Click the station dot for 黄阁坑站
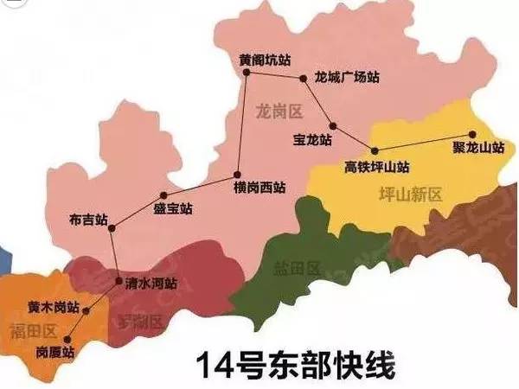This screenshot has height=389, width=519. tap(247, 73)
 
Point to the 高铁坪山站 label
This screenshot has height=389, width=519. tap(377, 166)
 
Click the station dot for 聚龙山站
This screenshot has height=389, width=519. tap(472, 134)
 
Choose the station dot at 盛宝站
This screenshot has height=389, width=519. tap(162, 195)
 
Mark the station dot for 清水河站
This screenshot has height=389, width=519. tap(119, 281)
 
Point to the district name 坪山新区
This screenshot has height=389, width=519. tap(411, 194)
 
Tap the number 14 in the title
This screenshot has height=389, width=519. tap(211, 364)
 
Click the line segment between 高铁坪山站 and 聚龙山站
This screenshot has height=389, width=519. tap(420, 141)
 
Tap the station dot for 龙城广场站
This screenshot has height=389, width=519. tap(303, 79)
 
